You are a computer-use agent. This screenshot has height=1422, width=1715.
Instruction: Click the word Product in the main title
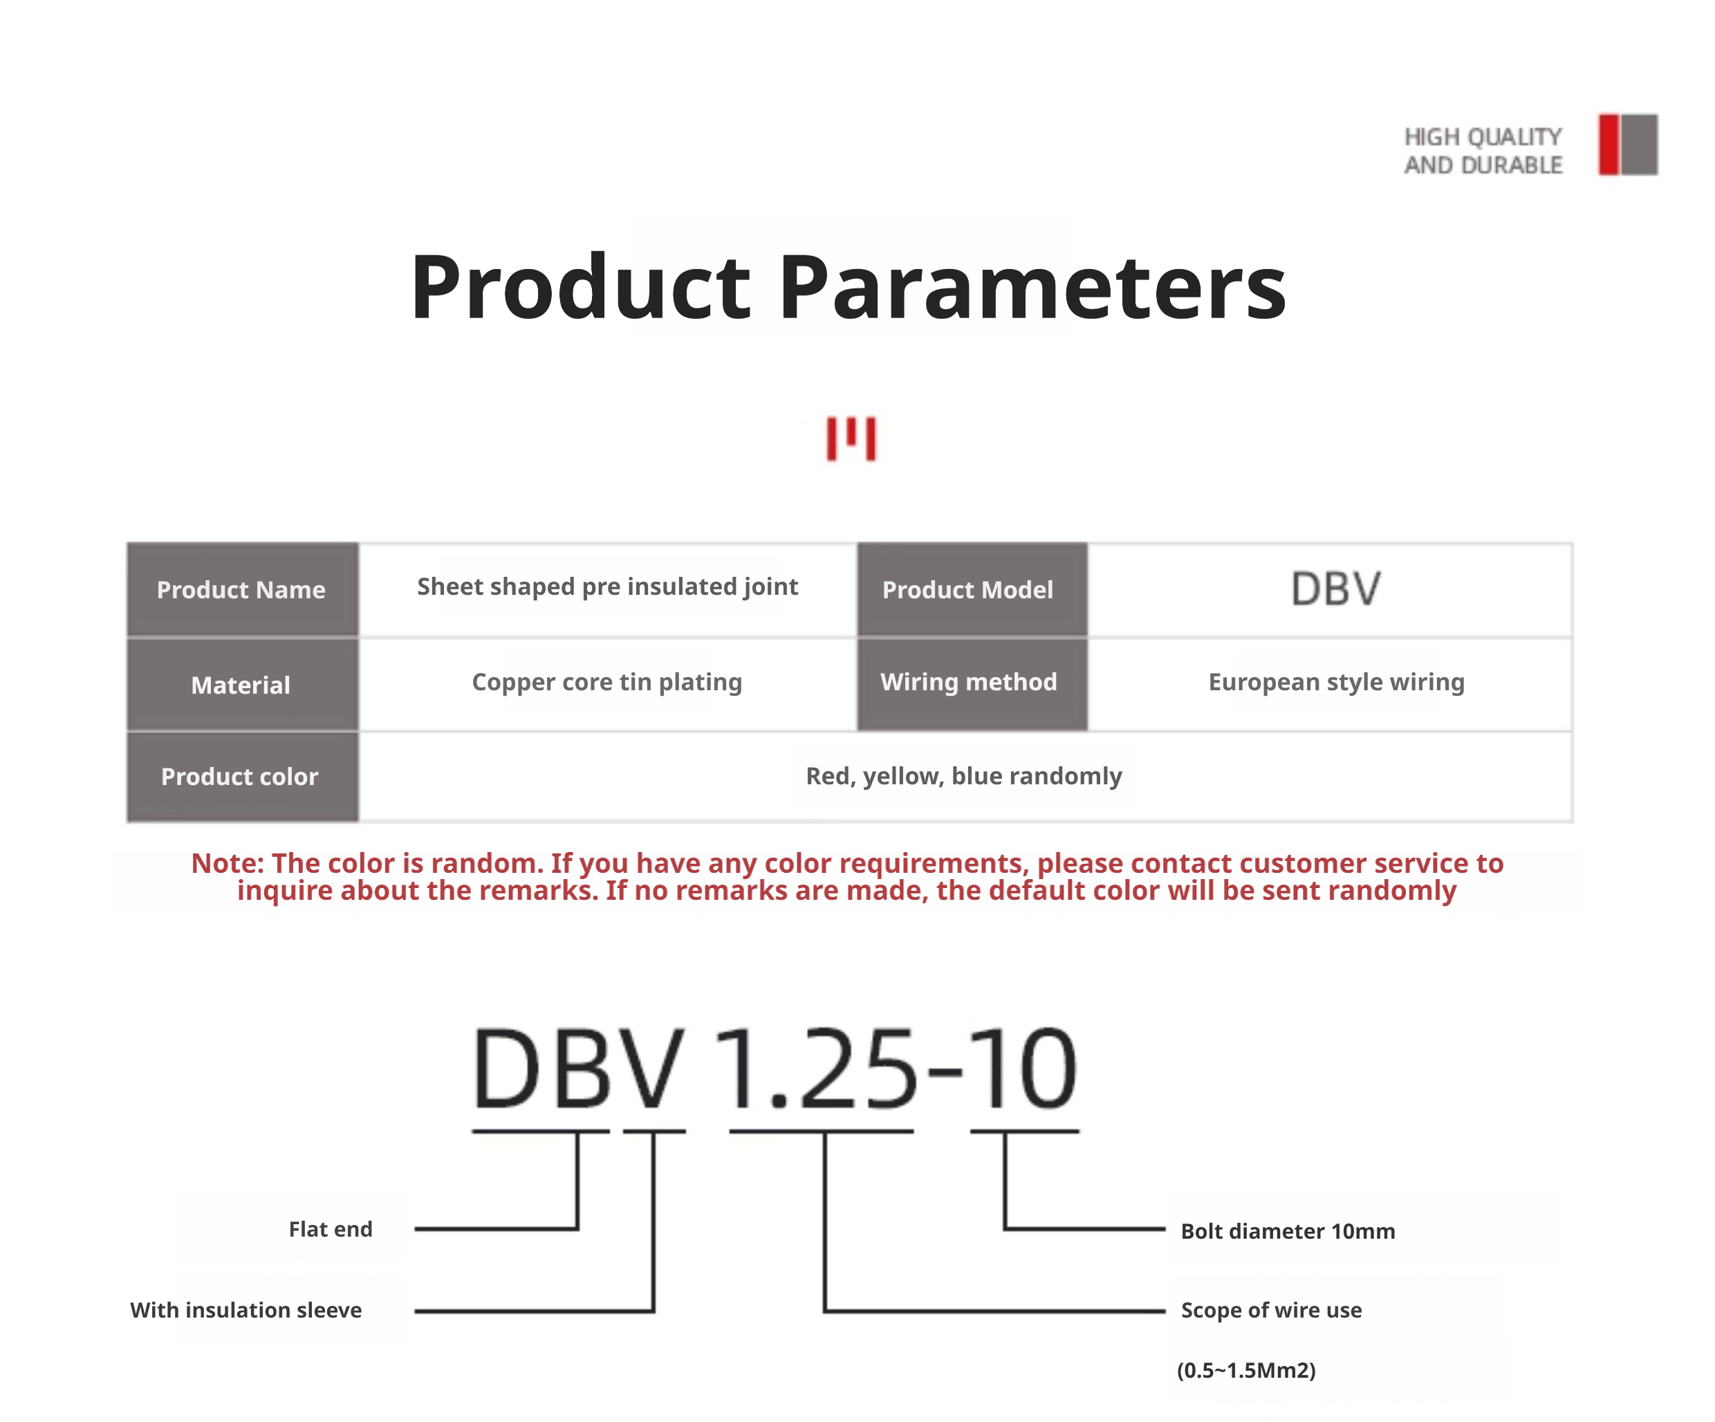coord(580,288)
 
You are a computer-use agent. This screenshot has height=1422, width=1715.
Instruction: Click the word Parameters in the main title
coord(1033,288)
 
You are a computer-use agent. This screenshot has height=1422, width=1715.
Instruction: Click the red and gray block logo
coord(1628,145)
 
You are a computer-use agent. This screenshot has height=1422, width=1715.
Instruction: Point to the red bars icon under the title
coord(851,438)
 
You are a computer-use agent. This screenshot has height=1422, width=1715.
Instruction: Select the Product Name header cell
coord(243,590)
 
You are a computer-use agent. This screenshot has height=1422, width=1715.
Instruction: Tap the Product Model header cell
coord(972,590)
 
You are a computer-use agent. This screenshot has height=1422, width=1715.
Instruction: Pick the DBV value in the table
coord(1336,589)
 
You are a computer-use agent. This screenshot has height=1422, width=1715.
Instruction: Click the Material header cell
coord(243,685)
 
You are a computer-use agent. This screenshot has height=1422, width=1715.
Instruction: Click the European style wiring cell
coord(1337,683)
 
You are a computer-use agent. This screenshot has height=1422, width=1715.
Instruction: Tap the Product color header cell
coord(243,777)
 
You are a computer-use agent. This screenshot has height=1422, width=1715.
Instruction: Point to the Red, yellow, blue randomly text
coord(964,777)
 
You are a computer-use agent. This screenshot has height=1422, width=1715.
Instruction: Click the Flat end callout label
coord(331,1229)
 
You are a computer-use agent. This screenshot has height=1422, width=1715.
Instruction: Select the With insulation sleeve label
coord(245,1311)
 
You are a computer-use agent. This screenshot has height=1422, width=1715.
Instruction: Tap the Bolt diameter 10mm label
coord(1288,1232)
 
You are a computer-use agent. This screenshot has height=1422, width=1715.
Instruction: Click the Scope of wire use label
coord(1272,1311)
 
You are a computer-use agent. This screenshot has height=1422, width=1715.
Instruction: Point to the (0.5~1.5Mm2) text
coord(1246,1371)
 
